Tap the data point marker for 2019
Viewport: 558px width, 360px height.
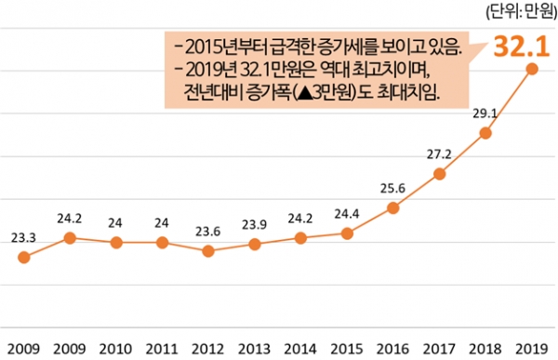pos(531,70)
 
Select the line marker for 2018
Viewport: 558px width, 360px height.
pos(485,133)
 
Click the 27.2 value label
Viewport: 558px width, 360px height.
pos(438,153)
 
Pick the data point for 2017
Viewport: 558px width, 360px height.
pos(439,174)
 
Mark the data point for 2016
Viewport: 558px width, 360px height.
pos(392,207)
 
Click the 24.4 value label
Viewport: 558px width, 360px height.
pos(346,213)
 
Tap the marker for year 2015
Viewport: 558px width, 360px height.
pos(346,233)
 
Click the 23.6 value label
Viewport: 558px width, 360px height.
pos(207,230)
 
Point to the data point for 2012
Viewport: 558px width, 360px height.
pos(208,251)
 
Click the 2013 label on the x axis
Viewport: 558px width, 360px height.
pos(254,348)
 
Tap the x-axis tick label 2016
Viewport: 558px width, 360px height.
pos(392,348)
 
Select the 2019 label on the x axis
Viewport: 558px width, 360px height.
pos(530,348)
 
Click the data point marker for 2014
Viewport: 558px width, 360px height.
pos(300,238)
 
